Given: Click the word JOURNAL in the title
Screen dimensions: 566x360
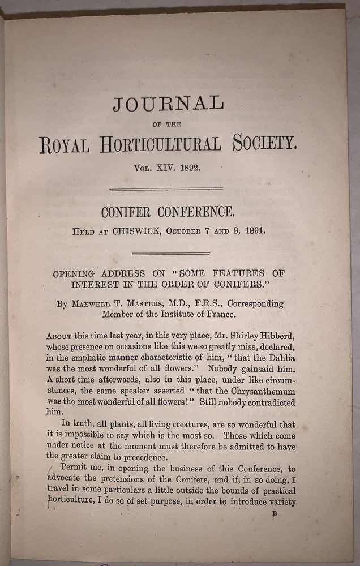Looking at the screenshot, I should [168, 105].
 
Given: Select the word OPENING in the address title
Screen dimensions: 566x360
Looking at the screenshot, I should [78, 273].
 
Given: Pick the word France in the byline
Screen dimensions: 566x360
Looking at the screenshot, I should [220, 314].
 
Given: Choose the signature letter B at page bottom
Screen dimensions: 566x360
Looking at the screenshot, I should [275, 513].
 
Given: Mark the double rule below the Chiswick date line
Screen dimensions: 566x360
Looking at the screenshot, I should [170, 253].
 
